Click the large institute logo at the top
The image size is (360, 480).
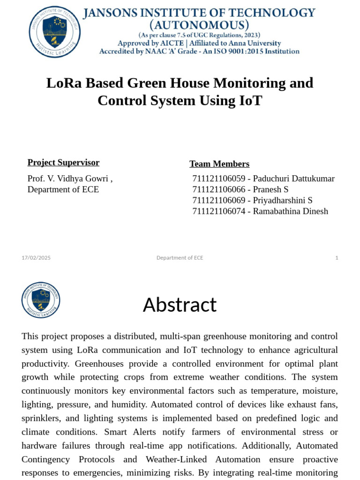[55, 32]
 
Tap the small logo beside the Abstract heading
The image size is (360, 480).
[41, 300]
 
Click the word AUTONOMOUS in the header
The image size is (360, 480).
[199, 25]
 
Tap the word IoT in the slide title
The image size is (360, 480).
[250, 100]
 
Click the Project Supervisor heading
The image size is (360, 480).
[63, 163]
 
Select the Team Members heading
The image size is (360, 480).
[219, 164]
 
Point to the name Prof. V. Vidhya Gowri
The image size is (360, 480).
[70, 179]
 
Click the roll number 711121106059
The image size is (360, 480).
[218, 179]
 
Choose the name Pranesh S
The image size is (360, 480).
[270, 189]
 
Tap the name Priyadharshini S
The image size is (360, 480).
[283, 200]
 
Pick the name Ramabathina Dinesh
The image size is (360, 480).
[291, 211]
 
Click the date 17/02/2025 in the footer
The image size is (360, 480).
[36, 258]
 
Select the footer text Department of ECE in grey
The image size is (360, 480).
[180, 258]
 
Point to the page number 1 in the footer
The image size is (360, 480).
[337, 258]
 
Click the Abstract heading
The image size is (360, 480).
[180, 305]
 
